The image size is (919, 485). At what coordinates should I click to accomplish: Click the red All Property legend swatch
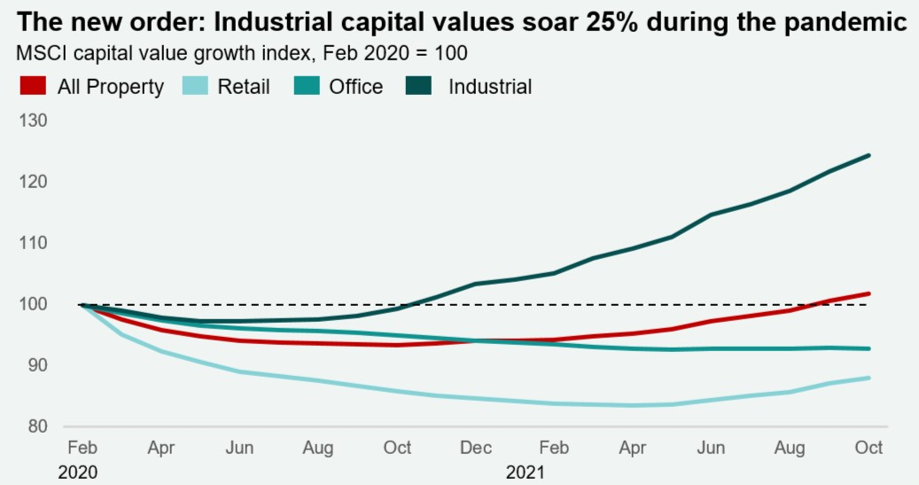point(33,86)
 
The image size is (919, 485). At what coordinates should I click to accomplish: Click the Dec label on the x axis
point(476,448)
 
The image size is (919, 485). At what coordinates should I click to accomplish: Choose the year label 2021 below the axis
point(525,473)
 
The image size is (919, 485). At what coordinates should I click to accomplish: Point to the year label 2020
point(78,473)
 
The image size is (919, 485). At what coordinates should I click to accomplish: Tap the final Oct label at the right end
point(869,448)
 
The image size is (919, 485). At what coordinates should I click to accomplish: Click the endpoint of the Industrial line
point(868,155)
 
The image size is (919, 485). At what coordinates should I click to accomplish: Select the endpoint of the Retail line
point(868,378)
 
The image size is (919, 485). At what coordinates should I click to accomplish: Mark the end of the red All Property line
point(868,293)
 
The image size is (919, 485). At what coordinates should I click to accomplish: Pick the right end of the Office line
point(868,348)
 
